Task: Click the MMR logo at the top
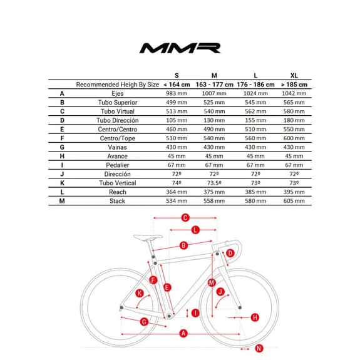tap(180, 48)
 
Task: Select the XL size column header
tap(294, 75)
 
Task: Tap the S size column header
tap(175, 75)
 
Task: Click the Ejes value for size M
tap(215, 93)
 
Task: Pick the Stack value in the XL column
tap(294, 201)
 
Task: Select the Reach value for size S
tap(175, 192)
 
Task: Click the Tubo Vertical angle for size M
tap(215, 183)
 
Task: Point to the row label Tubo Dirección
tap(118, 120)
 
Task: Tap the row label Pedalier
tap(118, 165)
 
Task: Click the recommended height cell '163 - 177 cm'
tap(215, 85)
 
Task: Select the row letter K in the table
tap(62, 183)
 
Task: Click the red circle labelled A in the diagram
tap(183, 333)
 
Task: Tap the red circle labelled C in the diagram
tap(185, 218)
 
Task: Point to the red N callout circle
tap(259, 348)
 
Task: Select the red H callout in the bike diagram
tap(255, 317)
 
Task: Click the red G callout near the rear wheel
tap(144, 321)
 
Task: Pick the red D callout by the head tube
tap(230, 253)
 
